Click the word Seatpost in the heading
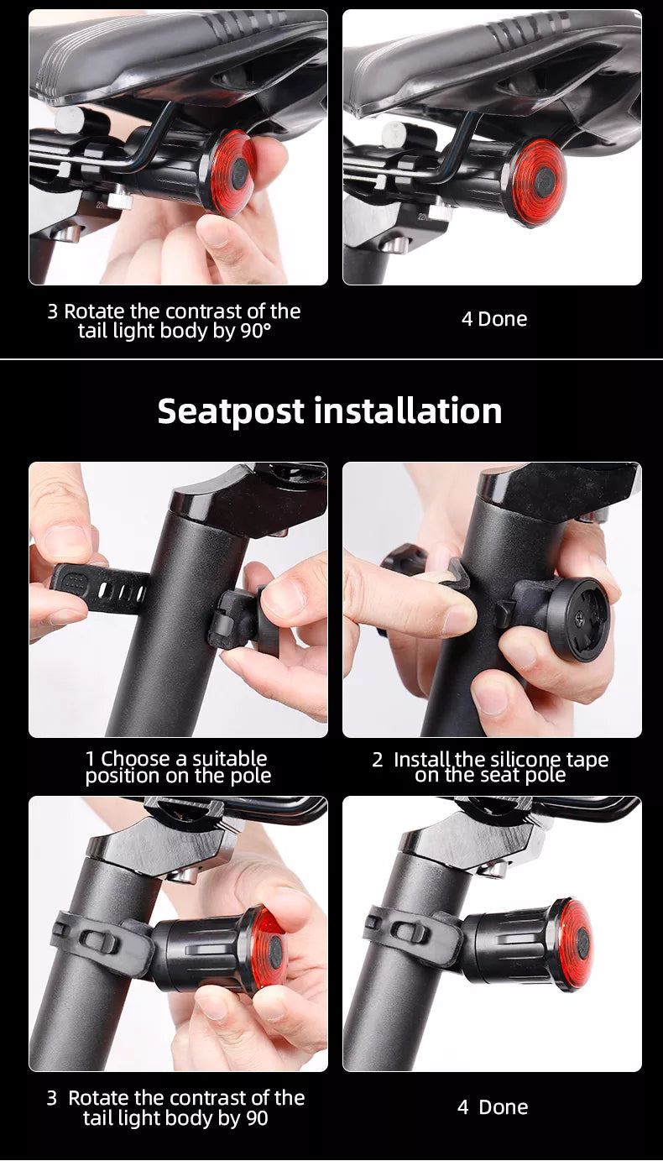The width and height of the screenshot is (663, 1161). (231, 412)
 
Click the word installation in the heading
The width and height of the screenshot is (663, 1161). (408, 411)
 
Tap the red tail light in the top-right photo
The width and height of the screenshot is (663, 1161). (540, 182)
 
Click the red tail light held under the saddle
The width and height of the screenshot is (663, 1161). (234, 173)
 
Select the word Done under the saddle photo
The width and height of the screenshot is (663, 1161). (503, 319)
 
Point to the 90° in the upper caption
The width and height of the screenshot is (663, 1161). (255, 331)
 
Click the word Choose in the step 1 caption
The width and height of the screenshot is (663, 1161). (136, 759)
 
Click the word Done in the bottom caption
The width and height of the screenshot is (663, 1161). (503, 1107)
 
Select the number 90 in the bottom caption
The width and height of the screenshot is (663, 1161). (257, 1118)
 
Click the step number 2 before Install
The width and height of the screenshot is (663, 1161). (377, 761)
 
